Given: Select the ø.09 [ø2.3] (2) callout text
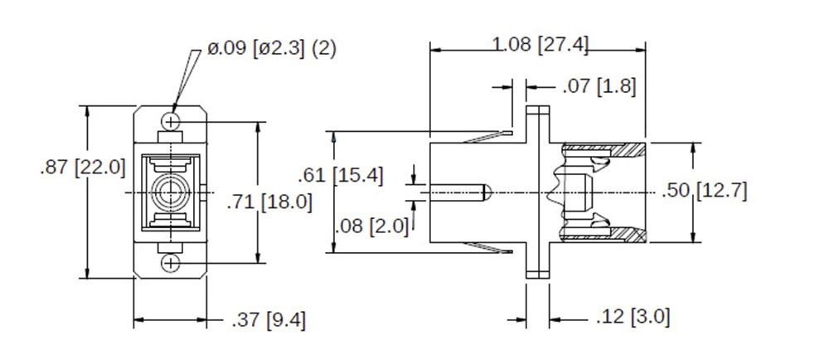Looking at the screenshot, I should coord(271,49).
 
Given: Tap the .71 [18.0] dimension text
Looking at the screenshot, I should coord(269,201).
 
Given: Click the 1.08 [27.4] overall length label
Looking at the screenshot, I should coord(541,45).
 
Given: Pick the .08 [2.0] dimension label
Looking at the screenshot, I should coord(371,226).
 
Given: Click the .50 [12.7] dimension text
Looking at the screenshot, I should coord(705,191).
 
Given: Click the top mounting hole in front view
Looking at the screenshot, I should coord(172,122).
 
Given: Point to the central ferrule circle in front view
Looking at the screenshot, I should coord(172,192).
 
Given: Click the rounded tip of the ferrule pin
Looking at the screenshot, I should coord(488,193).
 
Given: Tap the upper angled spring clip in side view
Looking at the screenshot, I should coord(489,136).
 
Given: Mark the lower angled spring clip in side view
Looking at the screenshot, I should coord(489,249).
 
